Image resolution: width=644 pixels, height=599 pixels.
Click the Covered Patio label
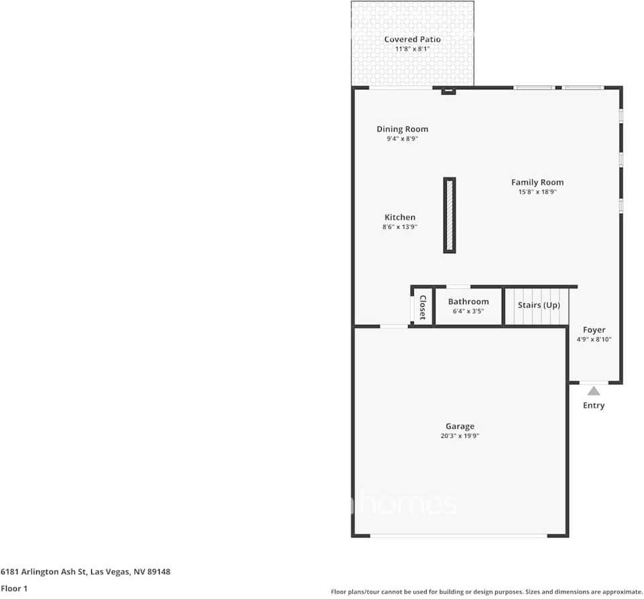[x=413, y=40]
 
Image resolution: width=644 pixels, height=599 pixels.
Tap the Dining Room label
[x=402, y=129]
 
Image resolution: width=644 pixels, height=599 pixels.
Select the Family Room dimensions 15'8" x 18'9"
[x=537, y=192]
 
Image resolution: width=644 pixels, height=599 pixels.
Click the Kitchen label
[x=400, y=218]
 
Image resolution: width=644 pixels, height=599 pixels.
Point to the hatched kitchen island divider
[x=449, y=215]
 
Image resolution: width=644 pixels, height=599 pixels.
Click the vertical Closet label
[x=423, y=307]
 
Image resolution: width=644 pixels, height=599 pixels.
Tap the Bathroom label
[x=468, y=302]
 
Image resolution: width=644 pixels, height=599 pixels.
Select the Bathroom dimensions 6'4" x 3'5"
[x=468, y=312]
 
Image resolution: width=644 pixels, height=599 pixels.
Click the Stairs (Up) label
[x=539, y=305]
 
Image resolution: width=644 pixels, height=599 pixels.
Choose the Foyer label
[x=594, y=330]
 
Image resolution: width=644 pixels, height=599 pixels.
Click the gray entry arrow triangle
[x=594, y=391]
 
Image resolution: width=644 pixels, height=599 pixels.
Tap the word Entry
[x=594, y=406]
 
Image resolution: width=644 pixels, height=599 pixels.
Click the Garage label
[x=460, y=426]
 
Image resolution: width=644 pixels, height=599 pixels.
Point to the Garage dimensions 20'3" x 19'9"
[x=460, y=436]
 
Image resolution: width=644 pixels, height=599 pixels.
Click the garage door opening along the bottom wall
[x=460, y=535]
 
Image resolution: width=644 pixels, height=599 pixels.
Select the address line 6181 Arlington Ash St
[x=85, y=572]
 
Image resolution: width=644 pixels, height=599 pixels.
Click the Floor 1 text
[x=14, y=588]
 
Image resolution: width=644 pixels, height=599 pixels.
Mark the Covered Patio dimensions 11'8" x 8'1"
[x=413, y=49]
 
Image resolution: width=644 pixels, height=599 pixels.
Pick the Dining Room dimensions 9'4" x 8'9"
[x=402, y=139]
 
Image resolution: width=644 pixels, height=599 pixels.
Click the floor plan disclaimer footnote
[x=486, y=592]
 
